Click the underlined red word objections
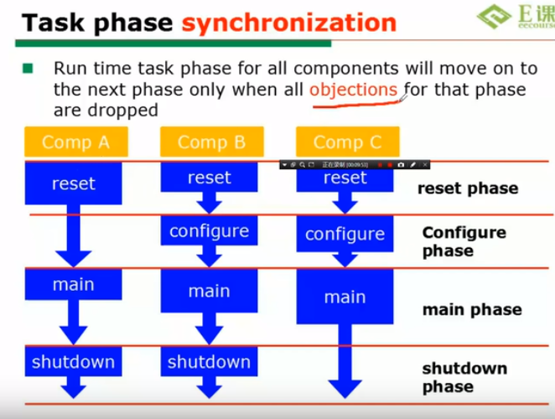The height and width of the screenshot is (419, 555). (353, 90)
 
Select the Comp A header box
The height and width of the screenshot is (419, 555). (75, 142)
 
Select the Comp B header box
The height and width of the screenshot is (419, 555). (211, 142)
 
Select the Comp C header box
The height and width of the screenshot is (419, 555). (347, 142)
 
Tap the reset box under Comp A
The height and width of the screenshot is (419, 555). (74, 184)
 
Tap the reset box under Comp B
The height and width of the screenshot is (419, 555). (209, 178)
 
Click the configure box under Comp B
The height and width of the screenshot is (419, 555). (209, 230)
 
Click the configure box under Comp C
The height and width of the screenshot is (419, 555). (345, 234)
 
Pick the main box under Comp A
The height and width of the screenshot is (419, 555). (74, 285)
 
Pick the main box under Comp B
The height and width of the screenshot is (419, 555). (209, 291)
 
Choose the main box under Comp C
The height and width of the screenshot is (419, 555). (345, 297)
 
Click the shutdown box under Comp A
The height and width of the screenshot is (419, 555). (74, 362)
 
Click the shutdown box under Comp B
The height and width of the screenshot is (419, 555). (209, 362)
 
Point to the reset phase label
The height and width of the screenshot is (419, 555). (468, 189)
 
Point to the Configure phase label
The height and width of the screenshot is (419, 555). (464, 241)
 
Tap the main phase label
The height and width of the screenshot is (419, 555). (472, 310)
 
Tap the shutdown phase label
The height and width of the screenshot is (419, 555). (464, 377)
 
